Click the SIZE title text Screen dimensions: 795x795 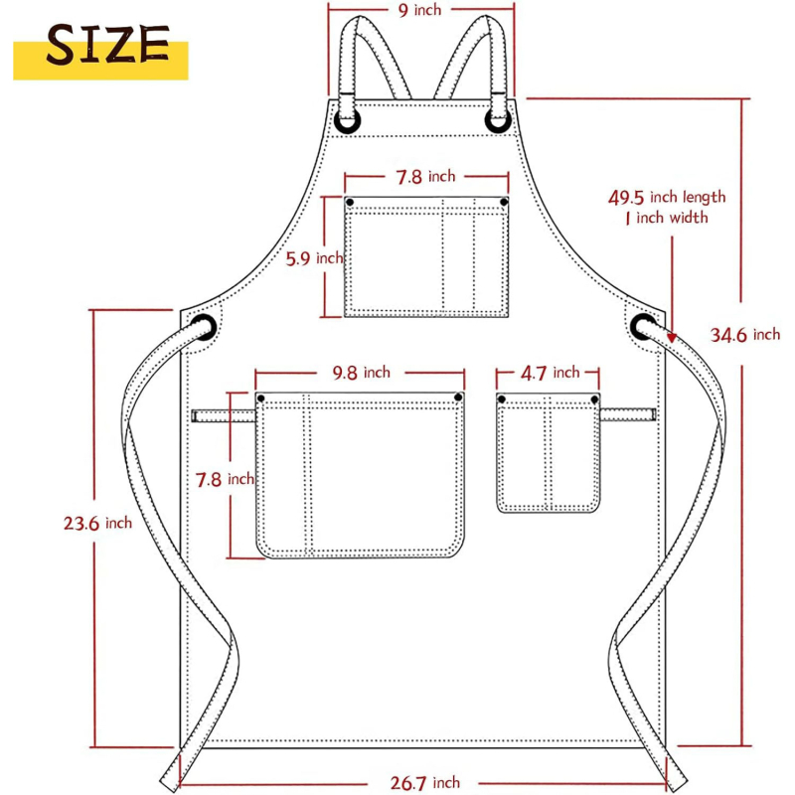[x=107, y=45]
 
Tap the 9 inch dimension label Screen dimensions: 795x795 [x=419, y=10]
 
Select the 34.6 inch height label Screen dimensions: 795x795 [x=744, y=335]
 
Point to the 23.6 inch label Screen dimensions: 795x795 [x=97, y=523]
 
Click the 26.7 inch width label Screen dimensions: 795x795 [x=425, y=782]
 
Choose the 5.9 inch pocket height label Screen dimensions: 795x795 [x=314, y=258]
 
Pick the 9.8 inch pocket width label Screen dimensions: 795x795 [x=362, y=373]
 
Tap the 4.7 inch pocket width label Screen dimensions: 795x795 [x=551, y=374]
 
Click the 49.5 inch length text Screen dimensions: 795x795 [x=667, y=197]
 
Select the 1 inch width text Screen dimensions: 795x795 [x=667, y=218]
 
